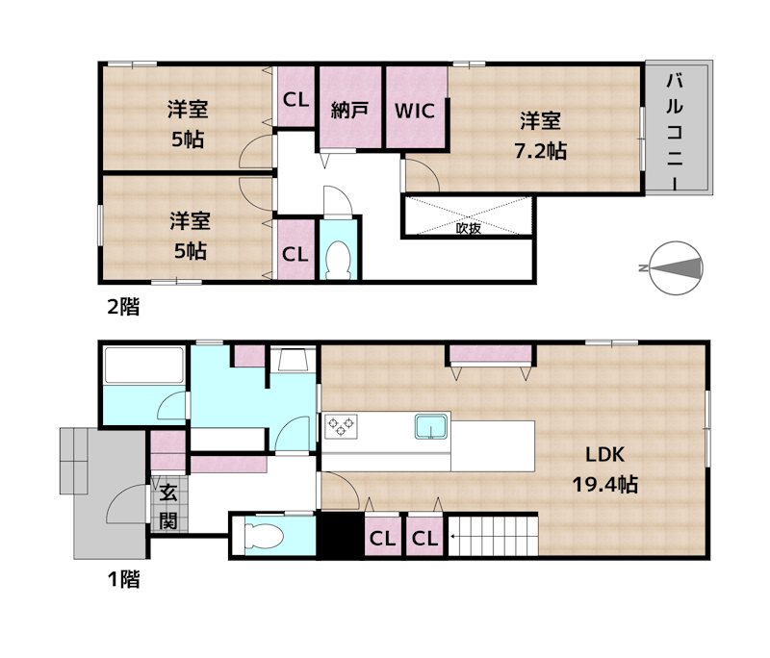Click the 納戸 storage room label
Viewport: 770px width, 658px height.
pyautogui.click(x=350, y=109)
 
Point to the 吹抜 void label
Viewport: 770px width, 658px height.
pyautogui.click(x=469, y=229)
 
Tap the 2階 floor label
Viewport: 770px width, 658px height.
pyautogui.click(x=122, y=307)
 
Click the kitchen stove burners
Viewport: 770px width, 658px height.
pyautogui.click(x=341, y=424)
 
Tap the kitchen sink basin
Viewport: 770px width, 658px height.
pyautogui.click(x=430, y=424)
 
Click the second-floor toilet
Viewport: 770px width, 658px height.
pyautogui.click(x=338, y=258)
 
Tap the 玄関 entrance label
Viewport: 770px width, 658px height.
pyautogui.click(x=167, y=508)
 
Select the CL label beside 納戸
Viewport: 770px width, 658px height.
pyautogui.click(x=295, y=98)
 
